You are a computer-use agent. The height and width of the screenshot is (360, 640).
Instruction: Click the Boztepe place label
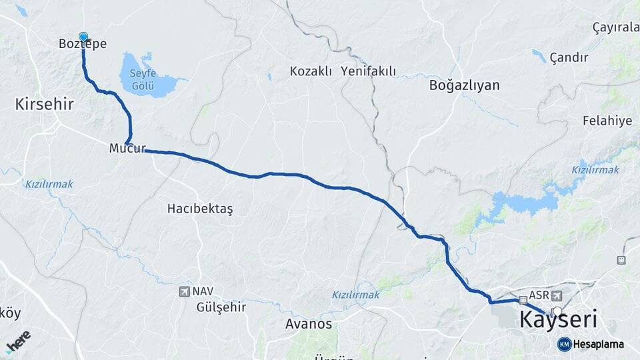[x=83, y=43]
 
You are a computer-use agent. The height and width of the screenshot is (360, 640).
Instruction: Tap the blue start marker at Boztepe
[x=83, y=37]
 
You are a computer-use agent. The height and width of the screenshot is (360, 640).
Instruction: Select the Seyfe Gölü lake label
[x=143, y=80]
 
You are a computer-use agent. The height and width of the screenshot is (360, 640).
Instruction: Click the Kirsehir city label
[x=44, y=103]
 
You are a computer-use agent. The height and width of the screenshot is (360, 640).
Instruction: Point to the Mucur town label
[x=127, y=148]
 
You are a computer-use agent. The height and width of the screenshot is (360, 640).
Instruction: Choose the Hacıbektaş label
[x=200, y=209]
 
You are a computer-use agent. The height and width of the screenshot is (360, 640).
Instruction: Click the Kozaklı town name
[x=311, y=71]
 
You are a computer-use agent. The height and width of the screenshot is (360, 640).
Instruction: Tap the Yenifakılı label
[x=368, y=71]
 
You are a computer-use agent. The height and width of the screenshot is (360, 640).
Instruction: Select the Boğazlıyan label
[x=465, y=85]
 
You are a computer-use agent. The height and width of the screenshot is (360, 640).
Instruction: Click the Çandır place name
[x=569, y=57]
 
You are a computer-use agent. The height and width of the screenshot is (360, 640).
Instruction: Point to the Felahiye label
[x=607, y=121]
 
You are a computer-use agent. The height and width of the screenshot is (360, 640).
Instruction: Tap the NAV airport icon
[x=184, y=291]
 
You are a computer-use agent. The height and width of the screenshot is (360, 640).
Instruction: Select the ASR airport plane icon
[x=557, y=296]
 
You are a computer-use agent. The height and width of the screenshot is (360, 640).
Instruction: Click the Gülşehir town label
[x=221, y=307]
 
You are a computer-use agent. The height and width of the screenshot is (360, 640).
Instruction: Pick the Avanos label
[x=308, y=324]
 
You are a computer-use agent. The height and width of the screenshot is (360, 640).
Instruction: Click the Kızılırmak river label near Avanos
[x=353, y=294]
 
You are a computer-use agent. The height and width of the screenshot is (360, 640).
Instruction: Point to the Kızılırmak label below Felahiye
[x=595, y=170]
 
